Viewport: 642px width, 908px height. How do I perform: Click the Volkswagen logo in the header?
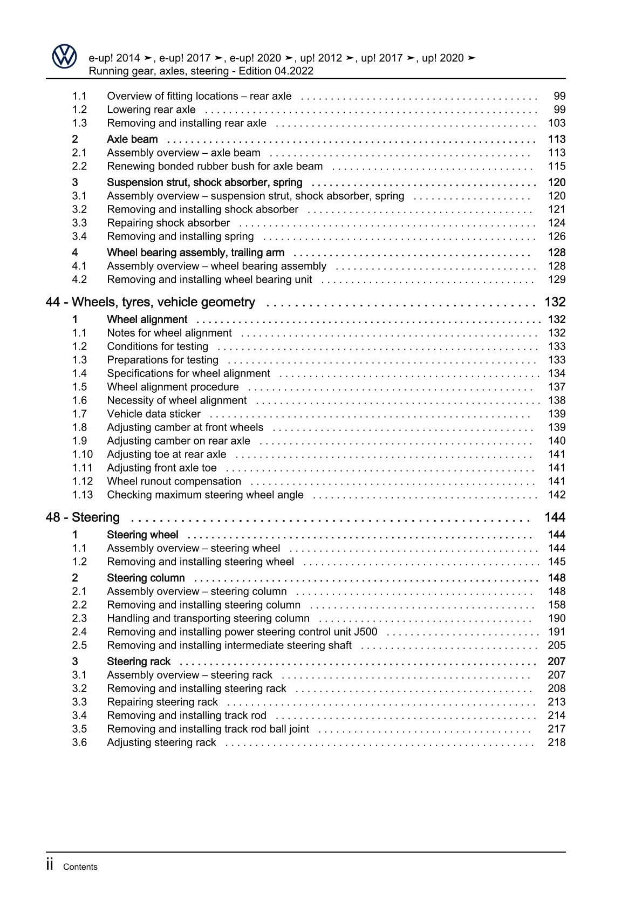(x=65, y=56)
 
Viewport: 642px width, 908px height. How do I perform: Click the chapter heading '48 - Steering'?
(x=83, y=517)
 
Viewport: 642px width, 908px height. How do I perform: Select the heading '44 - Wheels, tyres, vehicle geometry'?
(x=151, y=302)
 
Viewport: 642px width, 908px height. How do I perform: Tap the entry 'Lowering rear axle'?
(x=151, y=110)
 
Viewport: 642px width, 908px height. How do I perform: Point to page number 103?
(x=556, y=123)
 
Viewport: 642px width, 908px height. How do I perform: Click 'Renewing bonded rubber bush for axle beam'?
(x=215, y=166)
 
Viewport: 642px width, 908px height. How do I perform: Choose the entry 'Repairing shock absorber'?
(x=168, y=223)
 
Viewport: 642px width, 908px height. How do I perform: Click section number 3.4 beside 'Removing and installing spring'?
(x=79, y=236)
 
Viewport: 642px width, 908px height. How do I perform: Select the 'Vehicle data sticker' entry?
(x=154, y=414)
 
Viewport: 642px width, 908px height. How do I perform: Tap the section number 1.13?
(x=83, y=495)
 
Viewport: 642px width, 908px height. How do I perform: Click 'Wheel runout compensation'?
(x=174, y=481)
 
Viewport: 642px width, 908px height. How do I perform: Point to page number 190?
(x=556, y=618)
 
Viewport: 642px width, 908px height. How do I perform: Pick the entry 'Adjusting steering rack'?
(x=161, y=742)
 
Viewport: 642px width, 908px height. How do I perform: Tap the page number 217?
(x=556, y=729)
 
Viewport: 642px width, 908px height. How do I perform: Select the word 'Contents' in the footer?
(x=80, y=867)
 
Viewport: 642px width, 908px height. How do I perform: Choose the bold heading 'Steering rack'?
(x=139, y=661)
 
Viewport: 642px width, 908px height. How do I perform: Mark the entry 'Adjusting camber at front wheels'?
(x=185, y=427)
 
